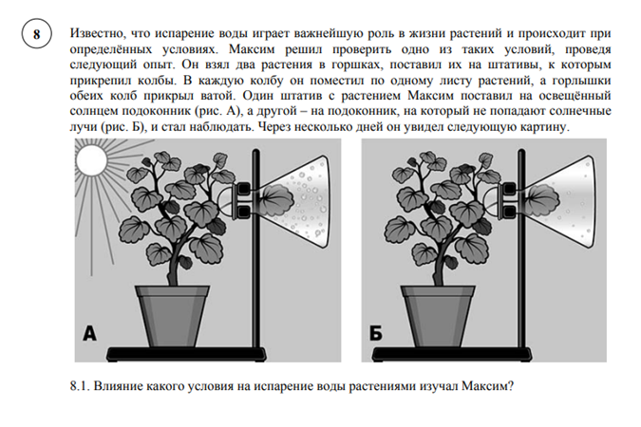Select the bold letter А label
90,333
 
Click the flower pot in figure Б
443,313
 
